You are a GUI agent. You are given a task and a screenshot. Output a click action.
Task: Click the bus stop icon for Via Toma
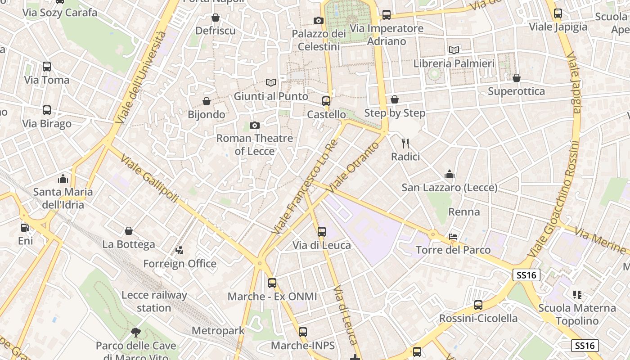47,67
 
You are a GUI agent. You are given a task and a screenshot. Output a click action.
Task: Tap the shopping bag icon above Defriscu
216,18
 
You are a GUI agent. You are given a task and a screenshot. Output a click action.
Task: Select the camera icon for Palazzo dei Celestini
318,20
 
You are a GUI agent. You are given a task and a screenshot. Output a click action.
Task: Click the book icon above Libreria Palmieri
454,50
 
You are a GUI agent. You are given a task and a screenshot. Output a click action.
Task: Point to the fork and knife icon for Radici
405,143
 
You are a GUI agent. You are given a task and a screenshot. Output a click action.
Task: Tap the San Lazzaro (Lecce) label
449,187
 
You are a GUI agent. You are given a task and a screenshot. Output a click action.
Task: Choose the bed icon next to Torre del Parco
453,237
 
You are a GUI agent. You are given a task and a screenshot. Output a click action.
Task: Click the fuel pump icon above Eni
25,228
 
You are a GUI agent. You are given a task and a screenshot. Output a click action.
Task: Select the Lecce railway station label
154,301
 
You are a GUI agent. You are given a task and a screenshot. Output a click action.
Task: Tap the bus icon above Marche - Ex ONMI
272,283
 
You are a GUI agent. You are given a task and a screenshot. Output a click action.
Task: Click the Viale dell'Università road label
140,77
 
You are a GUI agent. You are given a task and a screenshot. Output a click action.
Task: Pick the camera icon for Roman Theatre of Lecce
255,125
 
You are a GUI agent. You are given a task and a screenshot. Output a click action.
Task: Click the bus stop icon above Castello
326,101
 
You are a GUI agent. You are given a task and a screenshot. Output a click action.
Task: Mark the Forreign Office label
180,263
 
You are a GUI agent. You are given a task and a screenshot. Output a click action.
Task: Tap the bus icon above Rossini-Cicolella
478,305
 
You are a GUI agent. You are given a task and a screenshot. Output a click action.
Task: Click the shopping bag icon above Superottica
517,78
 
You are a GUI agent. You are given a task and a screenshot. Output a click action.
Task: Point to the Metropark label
218,331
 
